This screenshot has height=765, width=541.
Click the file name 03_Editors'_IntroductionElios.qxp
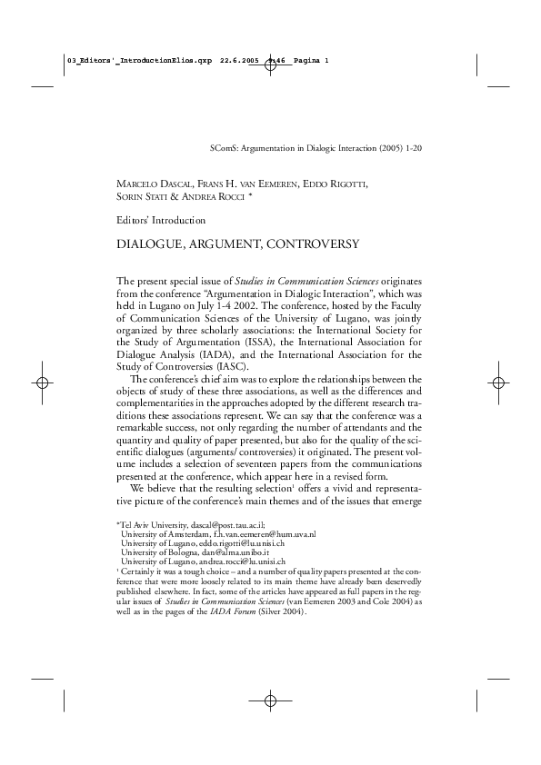tap(139, 61)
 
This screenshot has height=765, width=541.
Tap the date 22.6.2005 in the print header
tap(240, 61)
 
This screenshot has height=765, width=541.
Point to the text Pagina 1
tap(310, 61)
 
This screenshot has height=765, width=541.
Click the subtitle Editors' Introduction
tap(162, 220)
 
